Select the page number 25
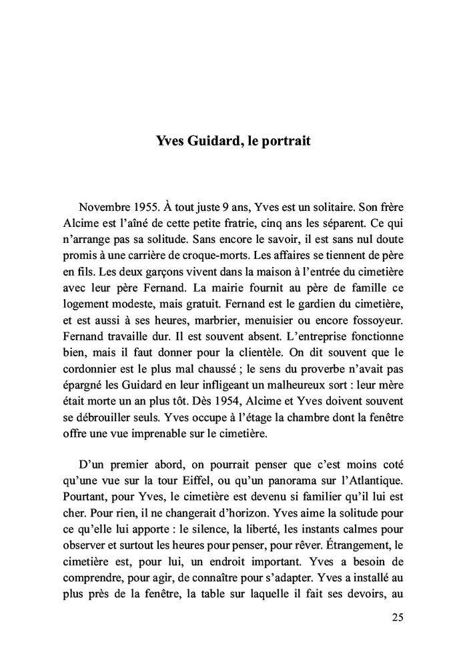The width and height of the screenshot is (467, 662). [x=397, y=617]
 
